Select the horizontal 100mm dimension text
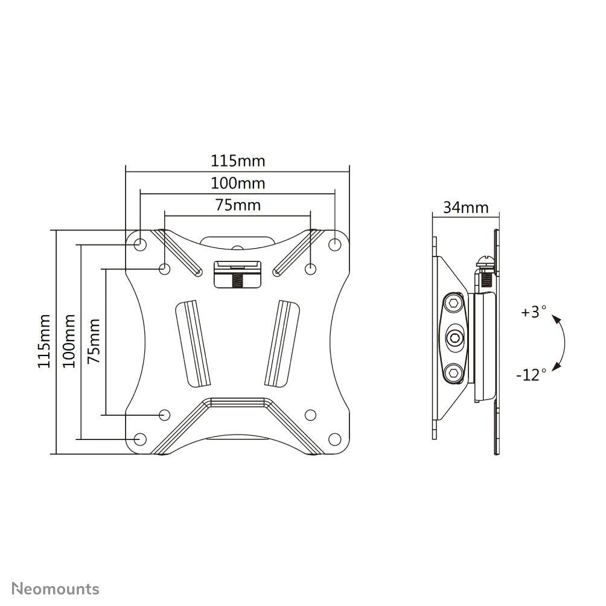[237, 183]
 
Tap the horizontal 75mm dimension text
[238, 205]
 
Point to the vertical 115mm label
[43, 340]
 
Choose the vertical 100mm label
[69, 340]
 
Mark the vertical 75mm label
[94, 340]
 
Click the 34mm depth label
[465, 208]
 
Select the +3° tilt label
[534, 313]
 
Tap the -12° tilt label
[531, 375]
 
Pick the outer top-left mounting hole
[139, 244]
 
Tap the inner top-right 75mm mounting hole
[310, 268]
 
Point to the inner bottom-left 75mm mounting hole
[164, 415]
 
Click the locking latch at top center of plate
[237, 275]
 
